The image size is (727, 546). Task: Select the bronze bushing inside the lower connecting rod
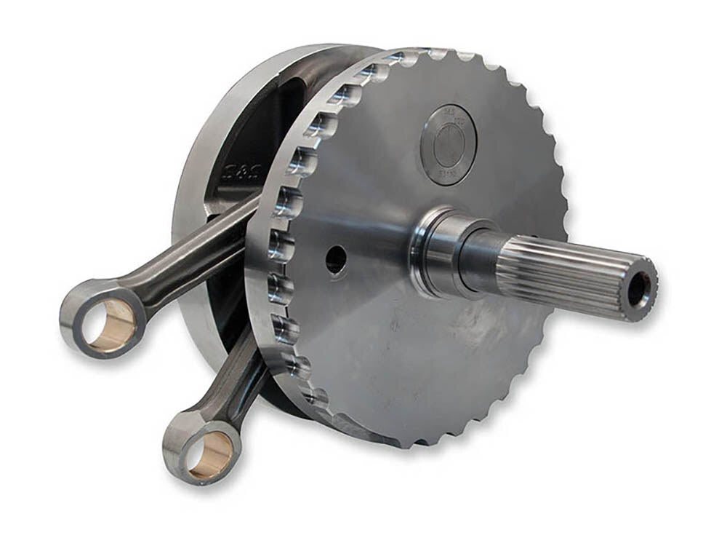[x=211, y=454]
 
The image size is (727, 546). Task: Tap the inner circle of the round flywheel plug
[x=450, y=143]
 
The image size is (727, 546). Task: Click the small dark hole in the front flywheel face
[x=336, y=259]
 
